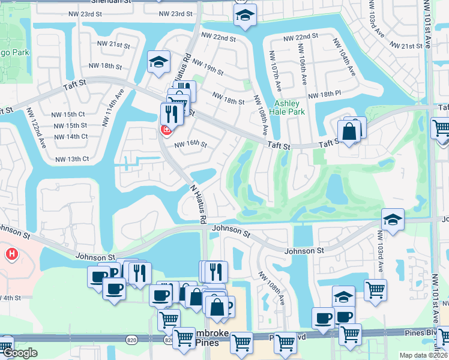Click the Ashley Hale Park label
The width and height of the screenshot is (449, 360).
(290, 107)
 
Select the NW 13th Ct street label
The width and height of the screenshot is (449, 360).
(72, 159)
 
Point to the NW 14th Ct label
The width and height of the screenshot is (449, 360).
(71, 136)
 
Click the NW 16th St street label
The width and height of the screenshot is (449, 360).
(190, 145)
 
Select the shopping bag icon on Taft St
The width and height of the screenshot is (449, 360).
(349, 131)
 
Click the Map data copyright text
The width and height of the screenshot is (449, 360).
(424, 355)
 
